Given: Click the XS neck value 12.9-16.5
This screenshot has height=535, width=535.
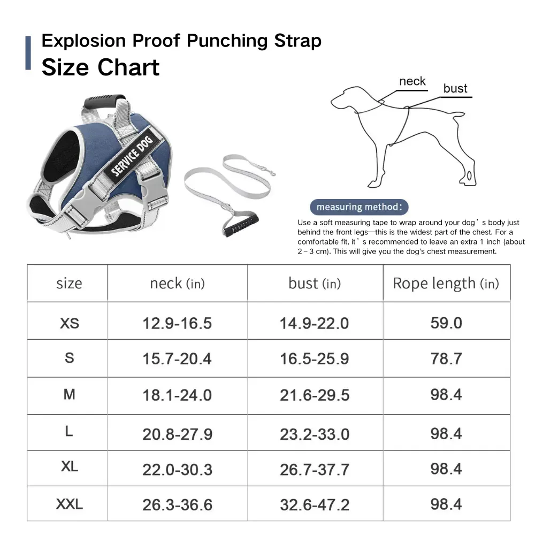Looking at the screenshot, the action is coord(177,323).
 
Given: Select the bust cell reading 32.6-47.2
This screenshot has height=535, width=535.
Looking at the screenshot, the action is coord(315,505).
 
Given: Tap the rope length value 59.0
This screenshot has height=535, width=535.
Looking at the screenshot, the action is coord(446,323).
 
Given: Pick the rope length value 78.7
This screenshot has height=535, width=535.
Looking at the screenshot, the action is coord(446,358).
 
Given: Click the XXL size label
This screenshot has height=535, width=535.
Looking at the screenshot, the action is coord(69,504).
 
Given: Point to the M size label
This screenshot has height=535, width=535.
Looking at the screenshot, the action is coord(69,394).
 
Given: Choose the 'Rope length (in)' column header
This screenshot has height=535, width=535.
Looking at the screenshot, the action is coord(446,283).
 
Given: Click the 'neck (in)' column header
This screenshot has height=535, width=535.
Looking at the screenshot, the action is coord(178,283).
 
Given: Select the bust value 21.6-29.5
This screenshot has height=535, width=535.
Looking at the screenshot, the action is coord(315,395).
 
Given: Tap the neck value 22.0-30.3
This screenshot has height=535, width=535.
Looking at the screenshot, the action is coord(178,470).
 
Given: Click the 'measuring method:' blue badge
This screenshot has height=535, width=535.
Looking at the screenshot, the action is coord(359,207).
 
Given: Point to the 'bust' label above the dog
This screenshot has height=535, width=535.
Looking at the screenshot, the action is coord(455,88).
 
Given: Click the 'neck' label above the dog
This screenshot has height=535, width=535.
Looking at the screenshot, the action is coord(412,81).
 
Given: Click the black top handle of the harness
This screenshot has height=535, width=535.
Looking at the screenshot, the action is coord(105,101).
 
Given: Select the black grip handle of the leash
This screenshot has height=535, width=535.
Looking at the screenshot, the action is coord(241,224).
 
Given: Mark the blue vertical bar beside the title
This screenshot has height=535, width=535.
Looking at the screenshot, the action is coord(28,53).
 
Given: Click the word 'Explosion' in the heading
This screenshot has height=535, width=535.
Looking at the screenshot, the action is coord(83,41).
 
